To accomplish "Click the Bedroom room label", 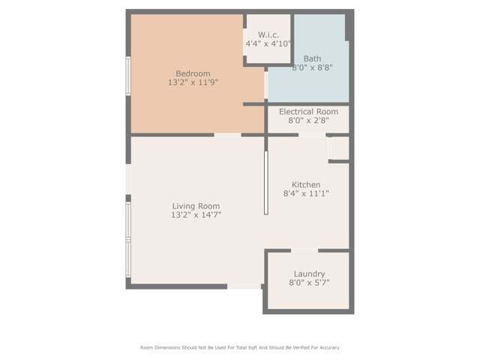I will coord(193,73).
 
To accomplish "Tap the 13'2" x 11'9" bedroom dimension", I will coord(193,82).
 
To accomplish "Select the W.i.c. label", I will coord(268,34).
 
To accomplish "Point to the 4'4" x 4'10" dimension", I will coord(268,43).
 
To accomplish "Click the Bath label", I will coord(312,58).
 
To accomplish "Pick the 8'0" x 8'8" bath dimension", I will coord(312,67).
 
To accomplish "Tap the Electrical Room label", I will coord(308,112).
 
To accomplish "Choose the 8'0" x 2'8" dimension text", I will coord(308,121).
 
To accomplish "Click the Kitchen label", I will coord(306,184).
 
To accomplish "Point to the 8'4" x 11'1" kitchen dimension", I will coord(306,193).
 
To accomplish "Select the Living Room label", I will coord(196,206).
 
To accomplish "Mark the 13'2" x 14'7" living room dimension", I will coord(196,215).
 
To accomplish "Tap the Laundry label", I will coord(309,274).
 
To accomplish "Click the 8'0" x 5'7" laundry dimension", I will coord(309,283).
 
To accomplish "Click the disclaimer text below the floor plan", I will coord(240,347).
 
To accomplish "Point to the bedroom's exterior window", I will coord(128,76).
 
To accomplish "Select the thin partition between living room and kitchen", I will coord(265,182).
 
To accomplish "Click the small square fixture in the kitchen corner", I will coord(337,148).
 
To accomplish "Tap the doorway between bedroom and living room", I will coord(227,135).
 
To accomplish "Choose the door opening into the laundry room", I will coord(304,250).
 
